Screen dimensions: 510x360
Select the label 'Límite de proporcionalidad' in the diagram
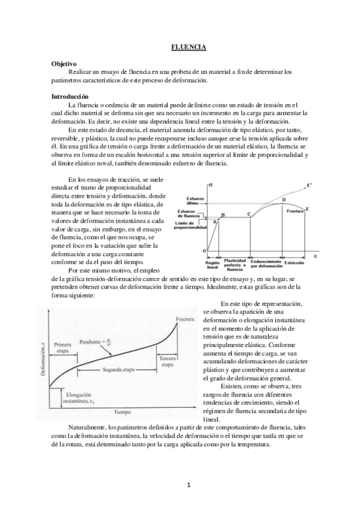(191, 226)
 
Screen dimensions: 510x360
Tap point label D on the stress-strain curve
(283, 200)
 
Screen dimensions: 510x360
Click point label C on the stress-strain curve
(248, 215)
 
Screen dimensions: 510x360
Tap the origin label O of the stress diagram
(204, 250)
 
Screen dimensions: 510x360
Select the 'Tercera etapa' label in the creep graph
(168, 361)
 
